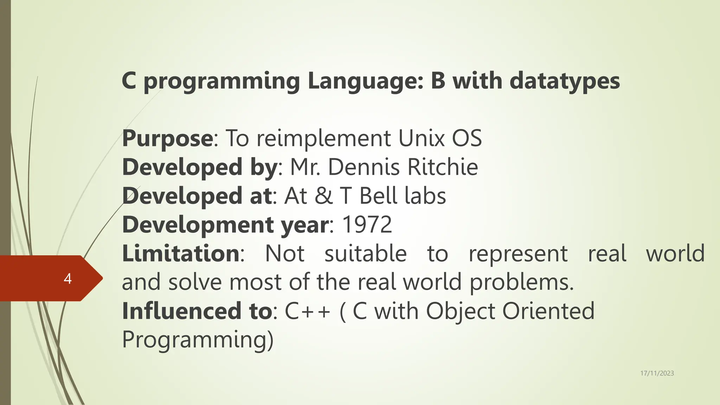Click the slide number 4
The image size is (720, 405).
[67, 278]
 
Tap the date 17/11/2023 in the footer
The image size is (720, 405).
[657, 373]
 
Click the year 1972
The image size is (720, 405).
[367, 225]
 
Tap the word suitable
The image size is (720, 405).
[365, 253]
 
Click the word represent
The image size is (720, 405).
[518, 253]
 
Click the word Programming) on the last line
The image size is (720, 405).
[198, 340]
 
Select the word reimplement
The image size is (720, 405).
[323, 139]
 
